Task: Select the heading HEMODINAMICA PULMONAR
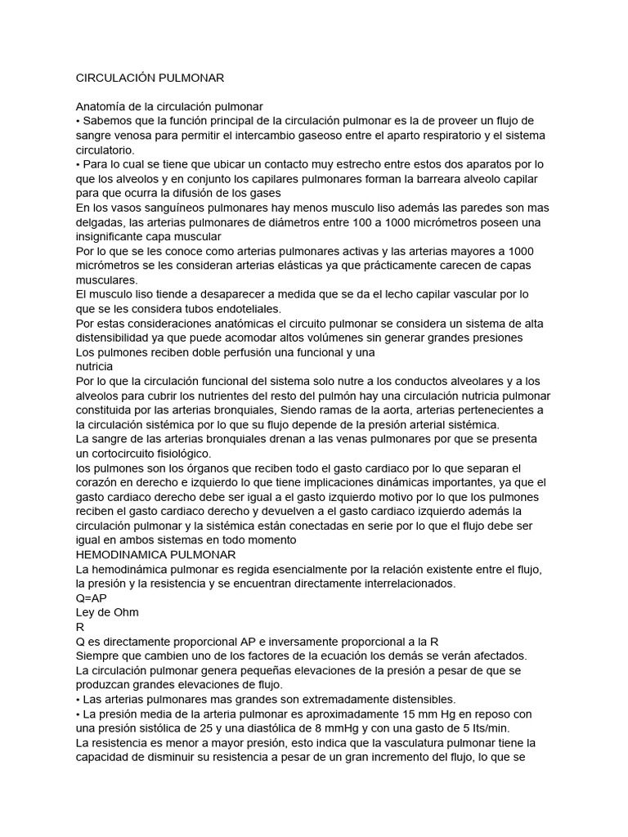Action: coord(144,554)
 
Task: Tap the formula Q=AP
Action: coord(91,598)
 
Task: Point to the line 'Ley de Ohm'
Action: coord(107,612)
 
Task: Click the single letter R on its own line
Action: coord(79,627)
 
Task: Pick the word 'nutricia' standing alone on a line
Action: coord(94,367)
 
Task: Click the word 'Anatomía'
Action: coord(103,106)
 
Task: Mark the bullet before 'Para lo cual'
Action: coord(78,164)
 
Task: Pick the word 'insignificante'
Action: coord(114,237)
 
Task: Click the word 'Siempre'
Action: coord(99,656)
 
